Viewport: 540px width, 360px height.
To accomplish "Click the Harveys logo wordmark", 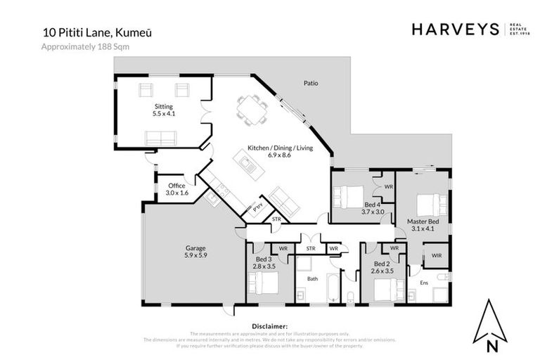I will pos(454,29).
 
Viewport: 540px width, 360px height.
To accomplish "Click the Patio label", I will pos(310,83).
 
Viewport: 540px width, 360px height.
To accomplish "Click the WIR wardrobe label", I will pos(436,255).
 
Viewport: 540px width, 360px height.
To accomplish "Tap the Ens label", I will pos(424,282).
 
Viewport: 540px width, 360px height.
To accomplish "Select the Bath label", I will pos(313,279).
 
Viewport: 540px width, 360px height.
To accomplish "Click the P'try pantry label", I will pos(258,208).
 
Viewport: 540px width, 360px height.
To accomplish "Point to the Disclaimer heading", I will pos(270,326).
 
